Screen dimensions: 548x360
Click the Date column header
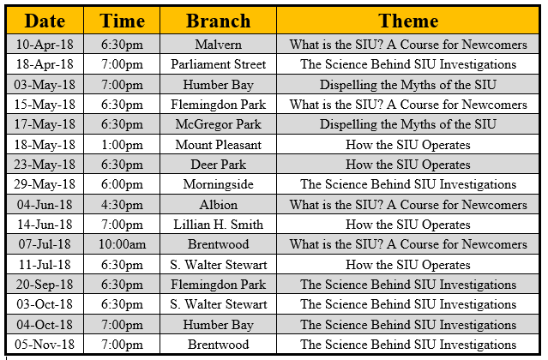pyautogui.click(x=45, y=21)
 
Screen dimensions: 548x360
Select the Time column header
pyautogui.click(x=122, y=21)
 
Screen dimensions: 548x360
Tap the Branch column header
pyautogui.click(x=219, y=21)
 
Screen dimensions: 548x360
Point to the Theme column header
pyautogui.click(x=408, y=21)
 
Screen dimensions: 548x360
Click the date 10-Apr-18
pyautogui.click(x=45, y=45)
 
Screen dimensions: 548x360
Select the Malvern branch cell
pyautogui.click(x=219, y=45)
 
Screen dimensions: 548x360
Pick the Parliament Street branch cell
pyautogui.click(x=219, y=64)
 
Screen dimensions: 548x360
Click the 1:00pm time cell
pyautogui.click(x=122, y=145)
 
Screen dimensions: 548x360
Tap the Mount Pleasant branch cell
pyautogui.click(x=219, y=145)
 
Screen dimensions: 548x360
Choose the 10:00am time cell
pyautogui.click(x=122, y=244)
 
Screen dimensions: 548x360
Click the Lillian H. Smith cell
pyautogui.click(x=219, y=225)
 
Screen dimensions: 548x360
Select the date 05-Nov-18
pyautogui.click(x=45, y=345)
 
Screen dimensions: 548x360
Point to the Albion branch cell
pyautogui.click(x=219, y=205)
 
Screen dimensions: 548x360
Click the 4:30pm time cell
pyautogui.click(x=122, y=205)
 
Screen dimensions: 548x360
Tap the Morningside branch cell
pyautogui.click(x=219, y=184)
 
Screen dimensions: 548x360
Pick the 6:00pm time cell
pyautogui.click(x=122, y=184)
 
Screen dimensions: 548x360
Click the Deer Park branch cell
pyautogui.click(x=219, y=165)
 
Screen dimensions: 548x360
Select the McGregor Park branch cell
pyautogui.click(x=219, y=124)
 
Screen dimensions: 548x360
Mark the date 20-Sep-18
pyautogui.click(x=45, y=285)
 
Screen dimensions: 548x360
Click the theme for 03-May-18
pyautogui.click(x=408, y=85)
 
